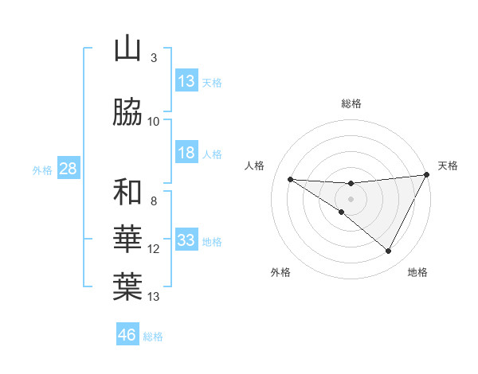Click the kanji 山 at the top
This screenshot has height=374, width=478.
point(127,49)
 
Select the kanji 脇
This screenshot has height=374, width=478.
point(127,113)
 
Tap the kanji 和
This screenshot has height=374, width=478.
point(127,193)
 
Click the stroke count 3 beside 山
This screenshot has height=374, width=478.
point(154,58)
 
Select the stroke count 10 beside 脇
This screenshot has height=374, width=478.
point(154,122)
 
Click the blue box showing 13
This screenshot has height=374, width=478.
point(186,81)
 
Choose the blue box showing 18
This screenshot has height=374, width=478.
point(186,153)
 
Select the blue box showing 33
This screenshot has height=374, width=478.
point(186,240)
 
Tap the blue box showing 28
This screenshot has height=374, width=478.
point(68,169)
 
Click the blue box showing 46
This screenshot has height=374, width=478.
point(127,335)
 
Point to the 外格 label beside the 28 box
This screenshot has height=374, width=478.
point(42,169)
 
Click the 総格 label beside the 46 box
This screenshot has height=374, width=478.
point(153,336)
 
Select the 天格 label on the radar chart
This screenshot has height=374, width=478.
point(449,166)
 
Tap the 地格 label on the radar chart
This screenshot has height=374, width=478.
point(417,272)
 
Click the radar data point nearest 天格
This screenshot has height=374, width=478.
point(427,175)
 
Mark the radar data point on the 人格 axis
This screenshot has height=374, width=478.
point(290,179)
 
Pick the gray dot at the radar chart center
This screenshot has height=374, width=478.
point(351,198)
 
